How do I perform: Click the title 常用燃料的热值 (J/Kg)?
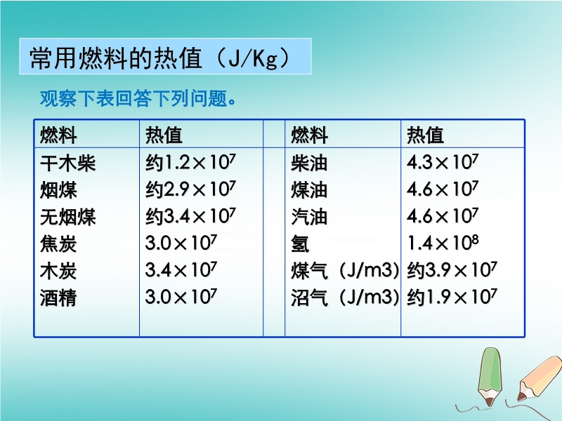pyautogui.click(x=160, y=58)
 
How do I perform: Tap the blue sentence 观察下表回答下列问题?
pyautogui.click(x=138, y=98)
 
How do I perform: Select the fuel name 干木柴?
pyautogui.click(x=67, y=163)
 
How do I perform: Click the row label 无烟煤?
pyautogui.click(x=67, y=217)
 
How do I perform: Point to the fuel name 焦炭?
pyautogui.click(x=58, y=243)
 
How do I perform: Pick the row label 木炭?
pyautogui.click(x=58, y=270)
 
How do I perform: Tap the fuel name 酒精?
pyautogui.click(x=58, y=298)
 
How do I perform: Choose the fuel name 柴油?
pyautogui.click(x=309, y=163)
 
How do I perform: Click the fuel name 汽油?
pyautogui.click(x=309, y=217)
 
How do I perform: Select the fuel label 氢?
pyautogui.click(x=300, y=243)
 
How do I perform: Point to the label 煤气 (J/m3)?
pyautogui.click(x=345, y=270)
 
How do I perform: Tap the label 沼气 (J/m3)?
pyautogui.click(x=345, y=298)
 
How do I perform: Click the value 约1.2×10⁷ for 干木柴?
pyautogui.click(x=190, y=162)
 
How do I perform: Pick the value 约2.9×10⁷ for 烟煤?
pyautogui.click(x=190, y=189)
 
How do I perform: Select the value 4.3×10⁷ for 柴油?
pyautogui.click(x=443, y=162)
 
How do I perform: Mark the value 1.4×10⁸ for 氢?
pyautogui.click(x=443, y=243)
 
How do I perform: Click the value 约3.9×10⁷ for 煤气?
pyautogui.click(x=452, y=270)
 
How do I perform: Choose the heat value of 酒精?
pyautogui.click(x=181, y=297)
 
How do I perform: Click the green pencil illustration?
pyautogui.click(x=490, y=377)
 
